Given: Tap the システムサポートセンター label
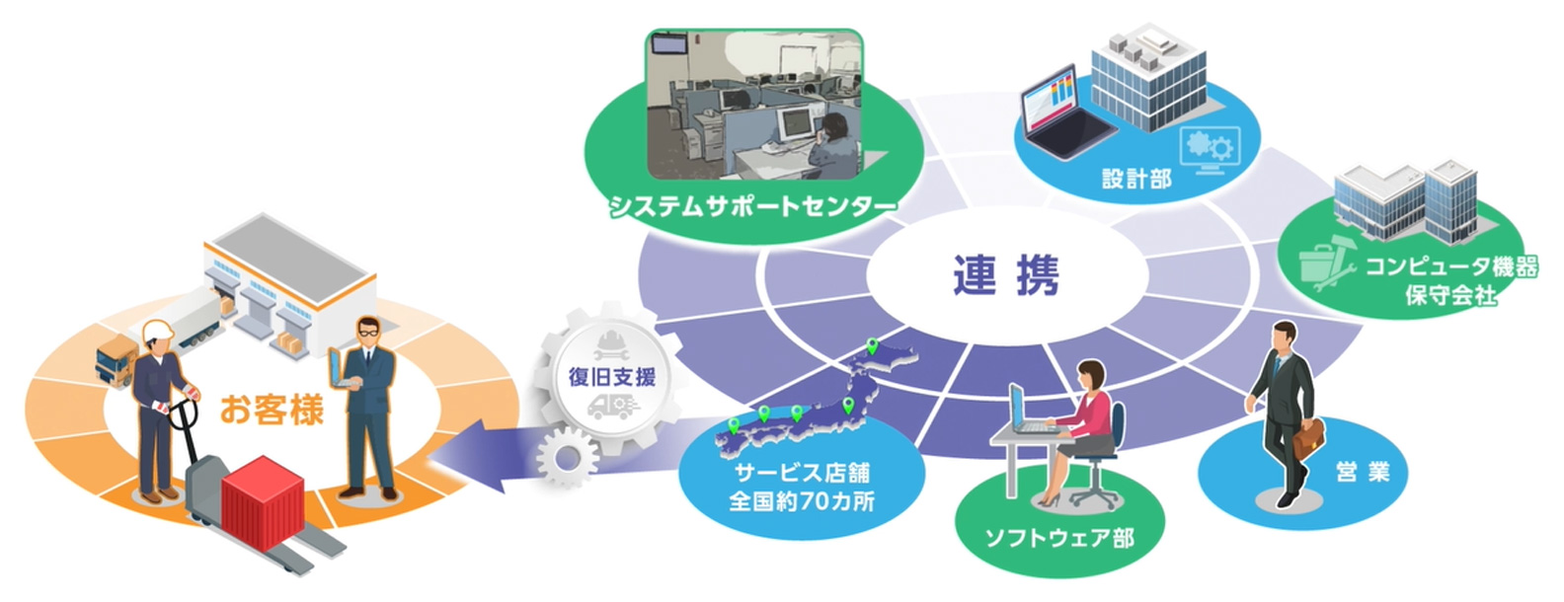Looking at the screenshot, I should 752,206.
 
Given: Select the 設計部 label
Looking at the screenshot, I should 1136,179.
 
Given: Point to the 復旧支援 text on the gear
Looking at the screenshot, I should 612,376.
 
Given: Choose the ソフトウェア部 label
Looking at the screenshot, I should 1059,538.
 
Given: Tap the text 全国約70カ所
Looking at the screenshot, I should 802,500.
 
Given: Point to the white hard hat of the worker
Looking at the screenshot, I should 158,333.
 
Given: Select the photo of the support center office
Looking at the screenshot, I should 753,104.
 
